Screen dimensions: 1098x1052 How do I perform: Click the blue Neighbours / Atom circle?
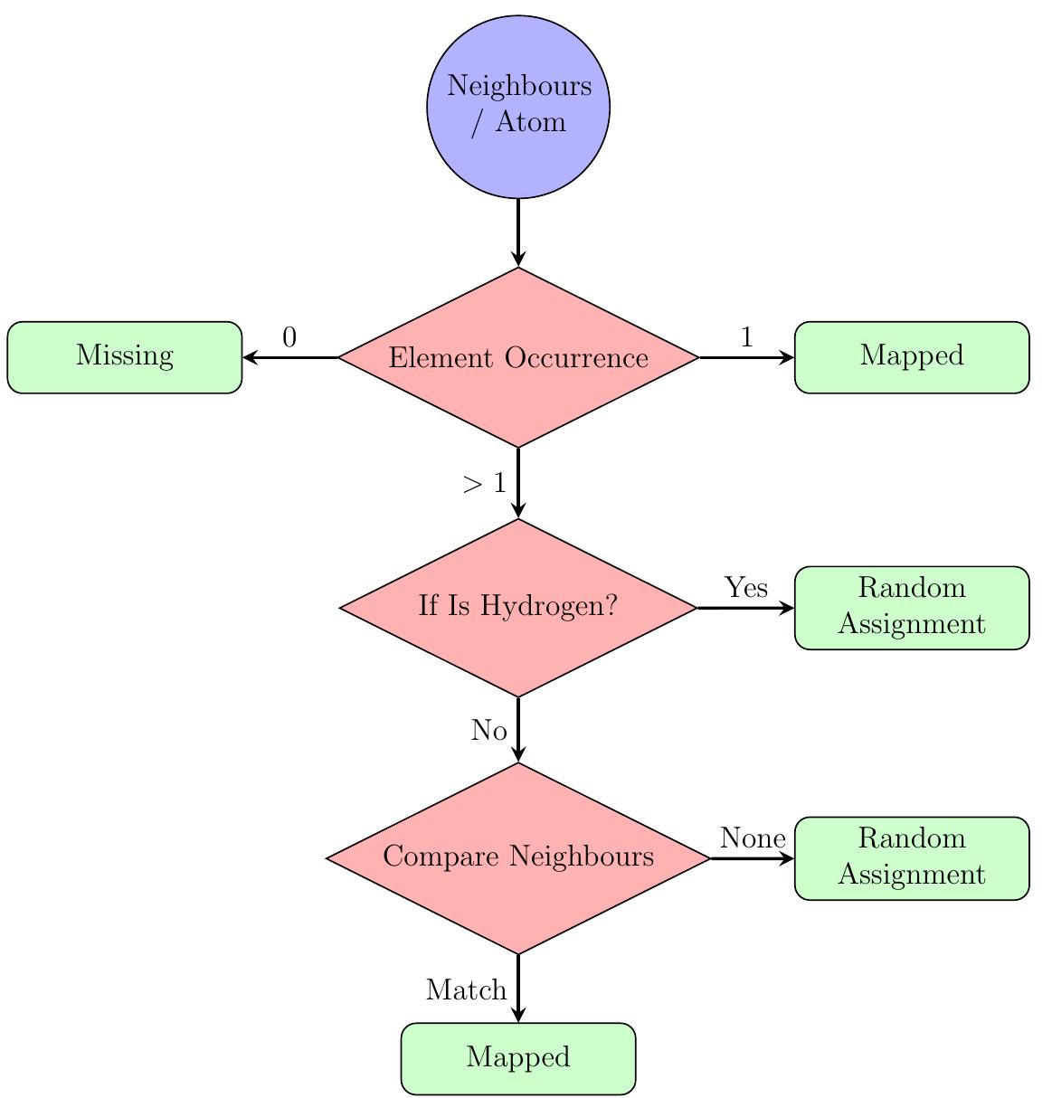click(518, 107)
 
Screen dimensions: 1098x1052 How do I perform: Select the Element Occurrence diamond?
click(518, 357)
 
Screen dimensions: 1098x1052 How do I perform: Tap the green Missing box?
click(125, 357)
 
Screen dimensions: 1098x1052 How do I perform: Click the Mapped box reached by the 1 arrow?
click(912, 357)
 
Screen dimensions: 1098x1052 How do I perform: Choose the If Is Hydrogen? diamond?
click(518, 607)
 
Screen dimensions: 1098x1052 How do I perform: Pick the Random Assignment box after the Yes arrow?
click(912, 607)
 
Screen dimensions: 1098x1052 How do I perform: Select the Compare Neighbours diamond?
click(518, 857)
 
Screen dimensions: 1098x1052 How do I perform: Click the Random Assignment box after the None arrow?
click(912, 857)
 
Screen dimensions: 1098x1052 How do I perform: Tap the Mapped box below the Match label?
click(518, 1058)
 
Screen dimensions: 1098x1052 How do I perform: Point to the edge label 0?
click(289, 338)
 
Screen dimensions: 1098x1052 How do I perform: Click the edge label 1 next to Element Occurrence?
click(746, 338)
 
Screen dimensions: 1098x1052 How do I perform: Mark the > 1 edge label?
click(484, 485)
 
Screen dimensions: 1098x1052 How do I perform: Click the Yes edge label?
click(746, 589)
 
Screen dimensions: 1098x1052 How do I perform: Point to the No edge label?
click(488, 731)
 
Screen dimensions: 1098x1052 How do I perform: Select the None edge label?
click(752, 839)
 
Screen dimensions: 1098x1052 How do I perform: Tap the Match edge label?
click(466, 991)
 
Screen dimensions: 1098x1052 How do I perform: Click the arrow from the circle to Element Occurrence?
click(518, 232)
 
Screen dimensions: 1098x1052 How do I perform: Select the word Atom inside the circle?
click(531, 122)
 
